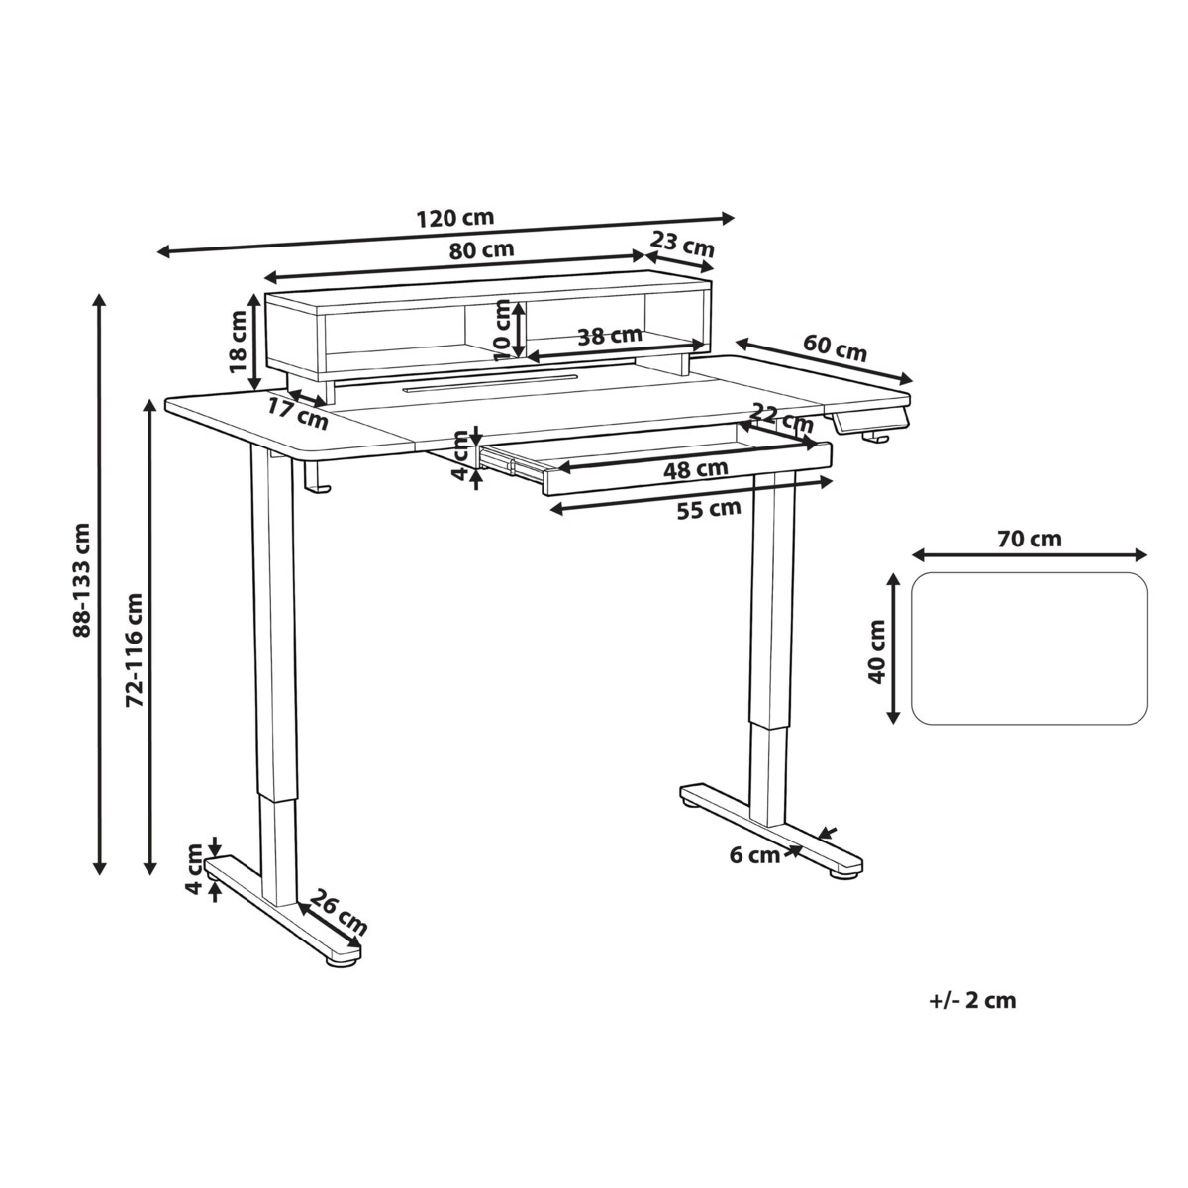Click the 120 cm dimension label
pyautogui.click(x=456, y=218)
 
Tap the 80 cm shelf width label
pyautogui.click(x=482, y=249)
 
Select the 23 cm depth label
pyautogui.click(x=683, y=243)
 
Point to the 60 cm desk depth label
pyautogui.click(x=835, y=349)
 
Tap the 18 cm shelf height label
pyautogui.click(x=237, y=341)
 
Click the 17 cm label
pyautogui.click(x=297, y=413)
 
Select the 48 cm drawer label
pyautogui.click(x=695, y=468)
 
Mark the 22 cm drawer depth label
pyautogui.click(x=781, y=417)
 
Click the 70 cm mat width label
pyautogui.click(x=1030, y=539)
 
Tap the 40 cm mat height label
pyautogui.click(x=875, y=651)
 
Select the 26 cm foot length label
pyautogui.click(x=339, y=913)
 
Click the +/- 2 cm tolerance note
pyautogui.click(x=973, y=1000)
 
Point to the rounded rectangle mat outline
pyautogui.click(x=1030, y=648)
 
